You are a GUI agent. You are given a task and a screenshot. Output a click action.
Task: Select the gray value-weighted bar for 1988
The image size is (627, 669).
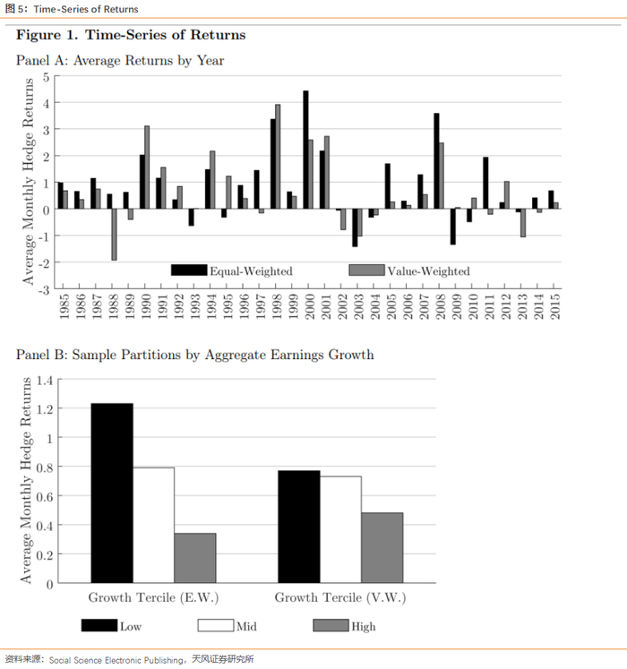115,234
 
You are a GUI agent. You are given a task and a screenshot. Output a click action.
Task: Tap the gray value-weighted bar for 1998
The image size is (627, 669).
278,157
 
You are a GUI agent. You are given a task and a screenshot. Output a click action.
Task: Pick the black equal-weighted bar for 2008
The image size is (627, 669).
436,161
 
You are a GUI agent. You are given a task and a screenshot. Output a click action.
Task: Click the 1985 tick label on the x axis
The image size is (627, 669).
64,306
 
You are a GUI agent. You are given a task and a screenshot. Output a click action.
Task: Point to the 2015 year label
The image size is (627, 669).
555,306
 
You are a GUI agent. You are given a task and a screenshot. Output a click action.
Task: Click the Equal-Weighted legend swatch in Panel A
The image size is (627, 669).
189,270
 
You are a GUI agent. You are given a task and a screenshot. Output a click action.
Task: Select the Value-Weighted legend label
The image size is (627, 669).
428,270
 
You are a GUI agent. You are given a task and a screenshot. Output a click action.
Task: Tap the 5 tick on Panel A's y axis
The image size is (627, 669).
45,77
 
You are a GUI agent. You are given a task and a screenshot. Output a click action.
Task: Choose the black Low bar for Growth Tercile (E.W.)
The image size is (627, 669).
112,493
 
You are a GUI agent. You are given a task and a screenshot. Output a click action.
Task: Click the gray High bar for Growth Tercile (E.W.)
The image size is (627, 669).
195,558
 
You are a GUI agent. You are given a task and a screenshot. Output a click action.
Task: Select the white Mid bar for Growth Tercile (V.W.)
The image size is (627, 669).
340,529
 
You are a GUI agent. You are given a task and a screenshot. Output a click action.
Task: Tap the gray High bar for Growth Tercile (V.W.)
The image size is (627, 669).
382,547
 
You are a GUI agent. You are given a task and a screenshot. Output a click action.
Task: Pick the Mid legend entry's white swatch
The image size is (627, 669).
214,625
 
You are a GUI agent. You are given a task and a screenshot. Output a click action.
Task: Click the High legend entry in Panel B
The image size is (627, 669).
364,626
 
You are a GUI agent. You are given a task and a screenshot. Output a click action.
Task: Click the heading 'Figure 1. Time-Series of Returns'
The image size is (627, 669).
131,35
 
